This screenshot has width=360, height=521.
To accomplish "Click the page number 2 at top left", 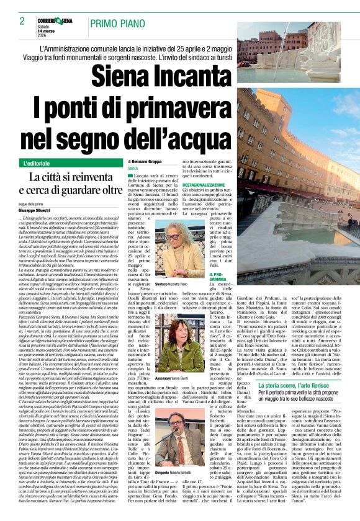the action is point(22,21).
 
